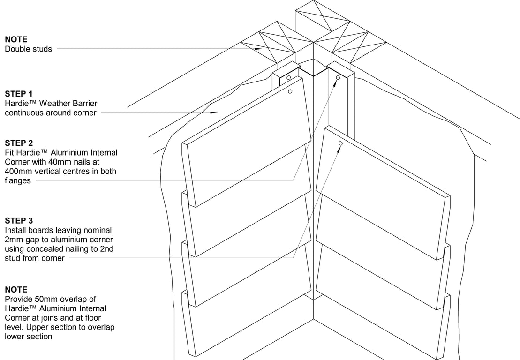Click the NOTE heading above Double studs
click(x=16, y=39)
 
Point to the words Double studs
click(x=28, y=49)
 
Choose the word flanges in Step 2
click(x=18, y=181)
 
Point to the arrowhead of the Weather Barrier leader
click(x=215, y=112)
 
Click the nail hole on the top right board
click(x=341, y=143)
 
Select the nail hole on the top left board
click(x=291, y=92)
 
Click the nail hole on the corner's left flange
click(x=289, y=77)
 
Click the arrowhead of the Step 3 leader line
click(x=339, y=149)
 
